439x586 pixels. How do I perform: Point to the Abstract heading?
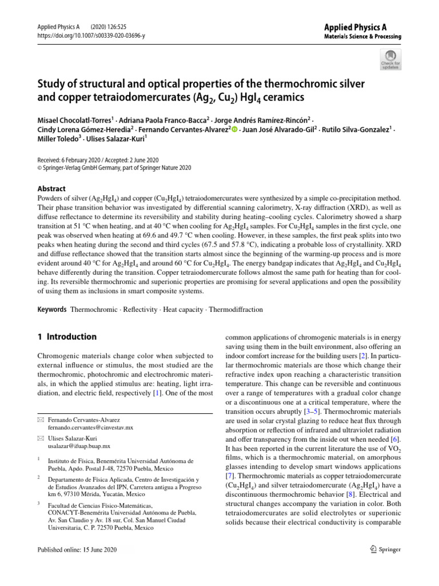pos(51,188)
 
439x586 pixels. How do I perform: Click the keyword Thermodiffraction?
pos(237,309)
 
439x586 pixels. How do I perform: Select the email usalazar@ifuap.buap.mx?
pos(79,446)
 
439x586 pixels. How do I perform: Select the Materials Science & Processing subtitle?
pos(362,37)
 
